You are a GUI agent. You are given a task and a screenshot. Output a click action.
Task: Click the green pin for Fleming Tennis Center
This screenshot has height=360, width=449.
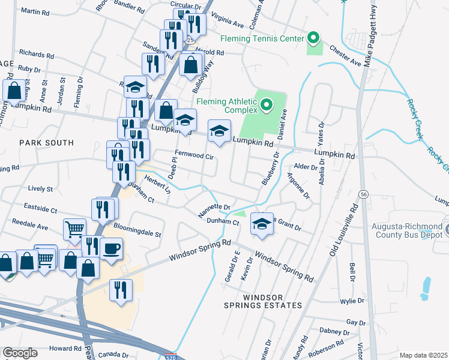coord(313,38)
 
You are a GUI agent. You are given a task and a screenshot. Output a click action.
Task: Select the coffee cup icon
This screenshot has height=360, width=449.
coord(112,248)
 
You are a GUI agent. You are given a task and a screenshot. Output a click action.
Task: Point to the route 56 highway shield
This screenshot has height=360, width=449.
coord(364,194)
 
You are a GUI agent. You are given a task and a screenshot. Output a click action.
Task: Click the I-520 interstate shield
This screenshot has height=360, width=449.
coord(170,356)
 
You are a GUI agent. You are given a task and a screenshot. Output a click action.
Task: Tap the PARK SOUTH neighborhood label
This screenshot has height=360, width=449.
coord(46,143)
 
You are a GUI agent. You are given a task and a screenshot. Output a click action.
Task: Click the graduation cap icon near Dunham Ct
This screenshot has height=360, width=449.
coord(261,223)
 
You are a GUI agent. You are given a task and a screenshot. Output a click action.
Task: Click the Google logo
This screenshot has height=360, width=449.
coord(20,352)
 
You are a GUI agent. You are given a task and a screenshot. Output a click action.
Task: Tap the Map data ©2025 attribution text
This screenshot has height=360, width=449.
coord(423,355)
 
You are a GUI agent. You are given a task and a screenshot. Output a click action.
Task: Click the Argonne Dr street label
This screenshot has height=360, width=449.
coord(298,185)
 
